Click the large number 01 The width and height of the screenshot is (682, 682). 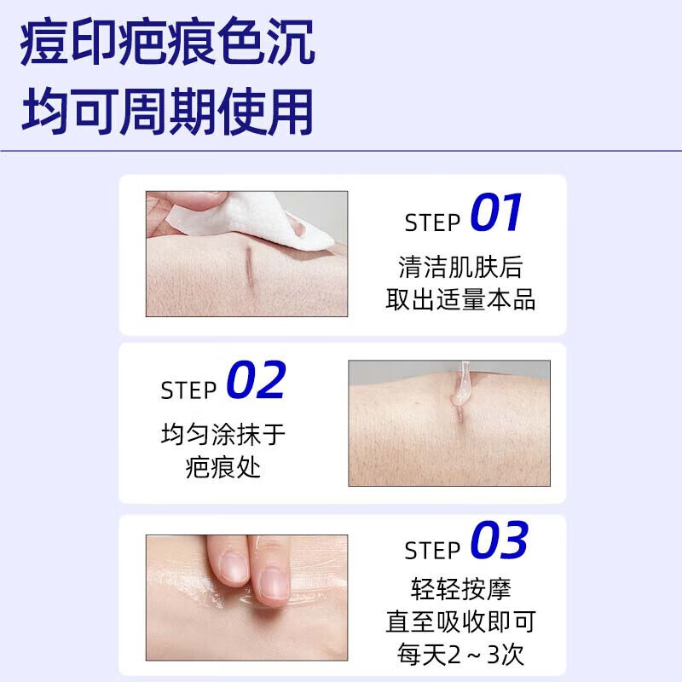coord(496,215)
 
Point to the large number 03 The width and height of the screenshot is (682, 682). coord(500,542)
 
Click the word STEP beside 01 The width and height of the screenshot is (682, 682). coord(432,223)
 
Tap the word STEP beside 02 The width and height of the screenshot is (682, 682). coord(188,390)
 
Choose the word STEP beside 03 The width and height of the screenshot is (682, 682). coord(432,551)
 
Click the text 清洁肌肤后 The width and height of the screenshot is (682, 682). coord(460,268)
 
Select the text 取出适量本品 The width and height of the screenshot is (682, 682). coord(460,300)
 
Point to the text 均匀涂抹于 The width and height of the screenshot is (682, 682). coord(223,435)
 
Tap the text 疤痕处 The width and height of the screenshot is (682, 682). coord(223,467)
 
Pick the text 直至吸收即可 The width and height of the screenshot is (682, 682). coord(460,622)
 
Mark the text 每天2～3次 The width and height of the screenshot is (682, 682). coord(460,655)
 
